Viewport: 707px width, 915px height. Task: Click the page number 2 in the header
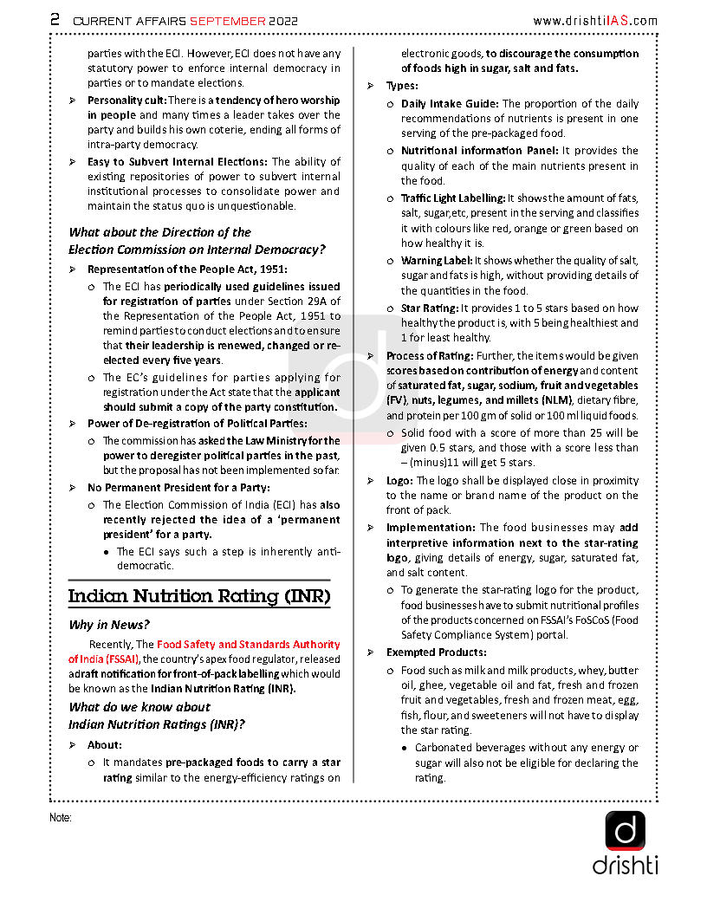click(55, 19)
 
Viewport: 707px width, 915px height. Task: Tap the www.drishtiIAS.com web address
click(594, 20)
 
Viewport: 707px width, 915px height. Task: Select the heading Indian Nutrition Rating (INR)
click(199, 596)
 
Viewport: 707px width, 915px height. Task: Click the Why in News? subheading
click(109, 625)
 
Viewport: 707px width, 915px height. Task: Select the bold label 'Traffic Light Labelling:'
click(452, 198)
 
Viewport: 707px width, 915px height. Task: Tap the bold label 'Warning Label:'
click(436, 260)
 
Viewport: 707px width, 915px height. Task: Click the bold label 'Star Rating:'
click(429, 308)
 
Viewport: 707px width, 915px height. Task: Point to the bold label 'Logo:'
click(399, 480)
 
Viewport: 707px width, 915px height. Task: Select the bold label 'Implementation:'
click(431, 527)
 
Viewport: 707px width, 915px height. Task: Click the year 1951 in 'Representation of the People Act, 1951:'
click(269, 269)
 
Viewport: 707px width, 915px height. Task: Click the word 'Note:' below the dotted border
click(61, 817)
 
